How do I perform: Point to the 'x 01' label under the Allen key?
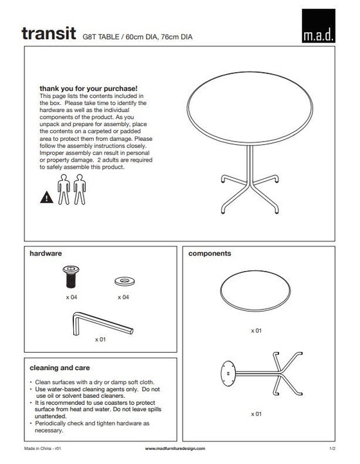100,339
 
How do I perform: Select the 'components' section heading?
210,254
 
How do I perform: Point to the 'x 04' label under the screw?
71,298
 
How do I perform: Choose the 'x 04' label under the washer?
123,298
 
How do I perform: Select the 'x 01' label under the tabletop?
256,331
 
